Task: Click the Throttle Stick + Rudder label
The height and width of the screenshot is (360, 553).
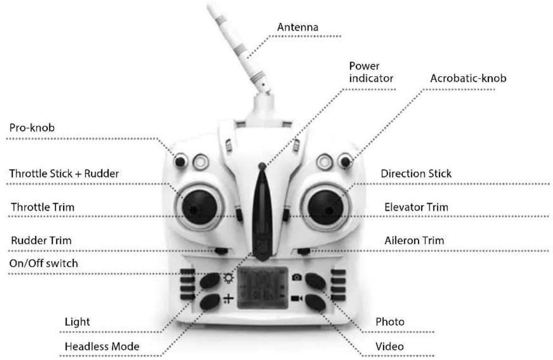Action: pyautogui.click(x=64, y=174)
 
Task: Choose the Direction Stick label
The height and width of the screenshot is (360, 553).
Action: pyautogui.click(x=416, y=174)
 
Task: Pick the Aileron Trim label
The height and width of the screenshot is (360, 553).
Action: pyautogui.click(x=414, y=241)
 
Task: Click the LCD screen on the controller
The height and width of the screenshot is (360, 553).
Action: pyautogui.click(x=262, y=289)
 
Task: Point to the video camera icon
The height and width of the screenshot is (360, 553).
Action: pyautogui.click(x=297, y=299)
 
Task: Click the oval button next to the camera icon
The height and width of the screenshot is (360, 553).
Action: pyautogui.click(x=315, y=281)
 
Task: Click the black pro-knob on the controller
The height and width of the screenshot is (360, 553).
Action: pyautogui.click(x=180, y=162)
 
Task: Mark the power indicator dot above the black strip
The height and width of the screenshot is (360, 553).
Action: pyautogui.click(x=261, y=166)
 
